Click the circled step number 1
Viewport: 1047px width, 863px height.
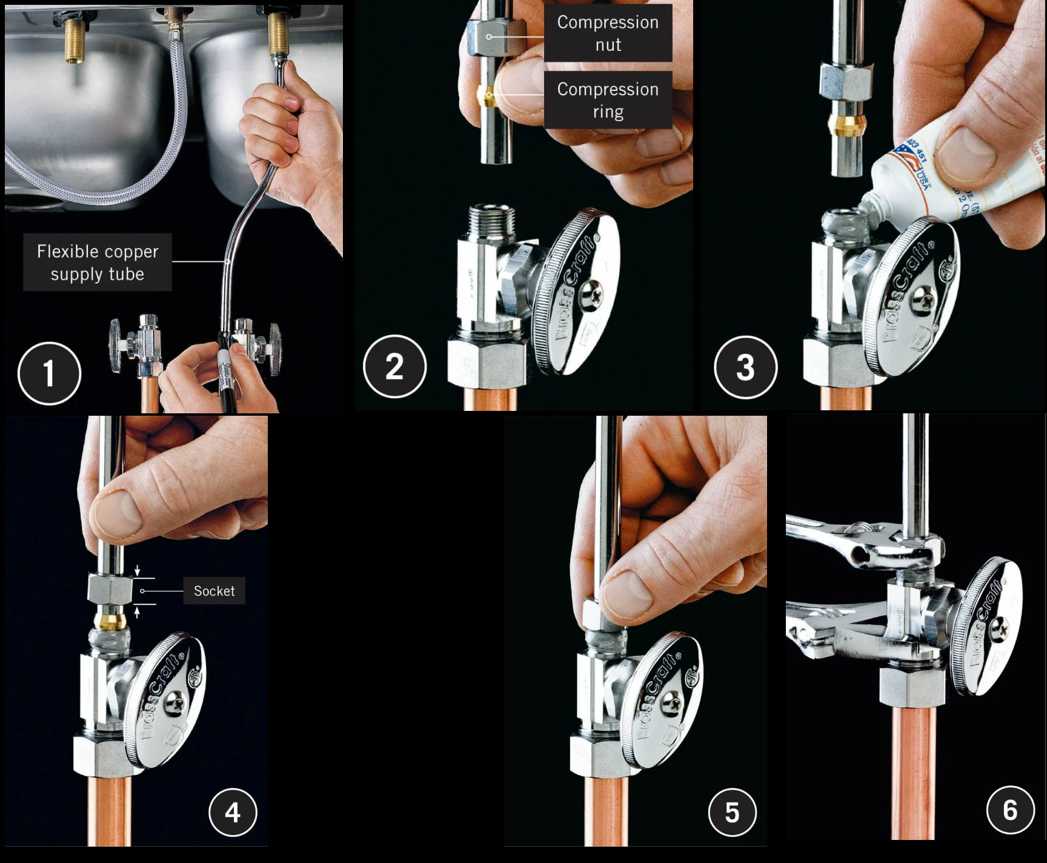click(49, 373)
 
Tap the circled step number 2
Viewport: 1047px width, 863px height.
click(394, 366)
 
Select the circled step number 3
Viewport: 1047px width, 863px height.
click(745, 367)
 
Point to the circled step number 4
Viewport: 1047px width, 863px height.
click(233, 812)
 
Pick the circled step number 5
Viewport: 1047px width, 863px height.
click(732, 812)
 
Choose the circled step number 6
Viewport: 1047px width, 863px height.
click(1010, 810)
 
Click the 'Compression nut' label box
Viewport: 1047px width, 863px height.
click(608, 33)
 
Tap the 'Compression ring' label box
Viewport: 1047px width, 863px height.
click(608, 100)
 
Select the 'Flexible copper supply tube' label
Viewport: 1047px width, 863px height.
click(98, 262)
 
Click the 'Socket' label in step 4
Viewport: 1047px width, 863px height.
click(214, 591)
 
